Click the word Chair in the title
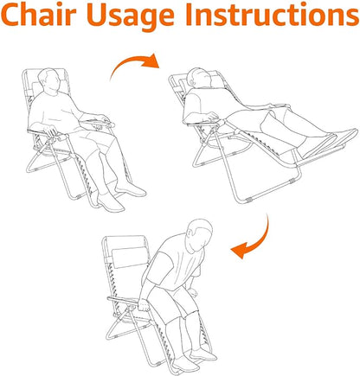(x=38, y=15)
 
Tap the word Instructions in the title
(x=272, y=15)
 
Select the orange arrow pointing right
(x=135, y=64)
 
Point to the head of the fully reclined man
(x=200, y=78)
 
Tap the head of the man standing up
(x=199, y=234)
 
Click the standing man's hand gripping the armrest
(x=144, y=305)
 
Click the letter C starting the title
(x=11, y=15)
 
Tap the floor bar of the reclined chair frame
(x=268, y=191)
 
